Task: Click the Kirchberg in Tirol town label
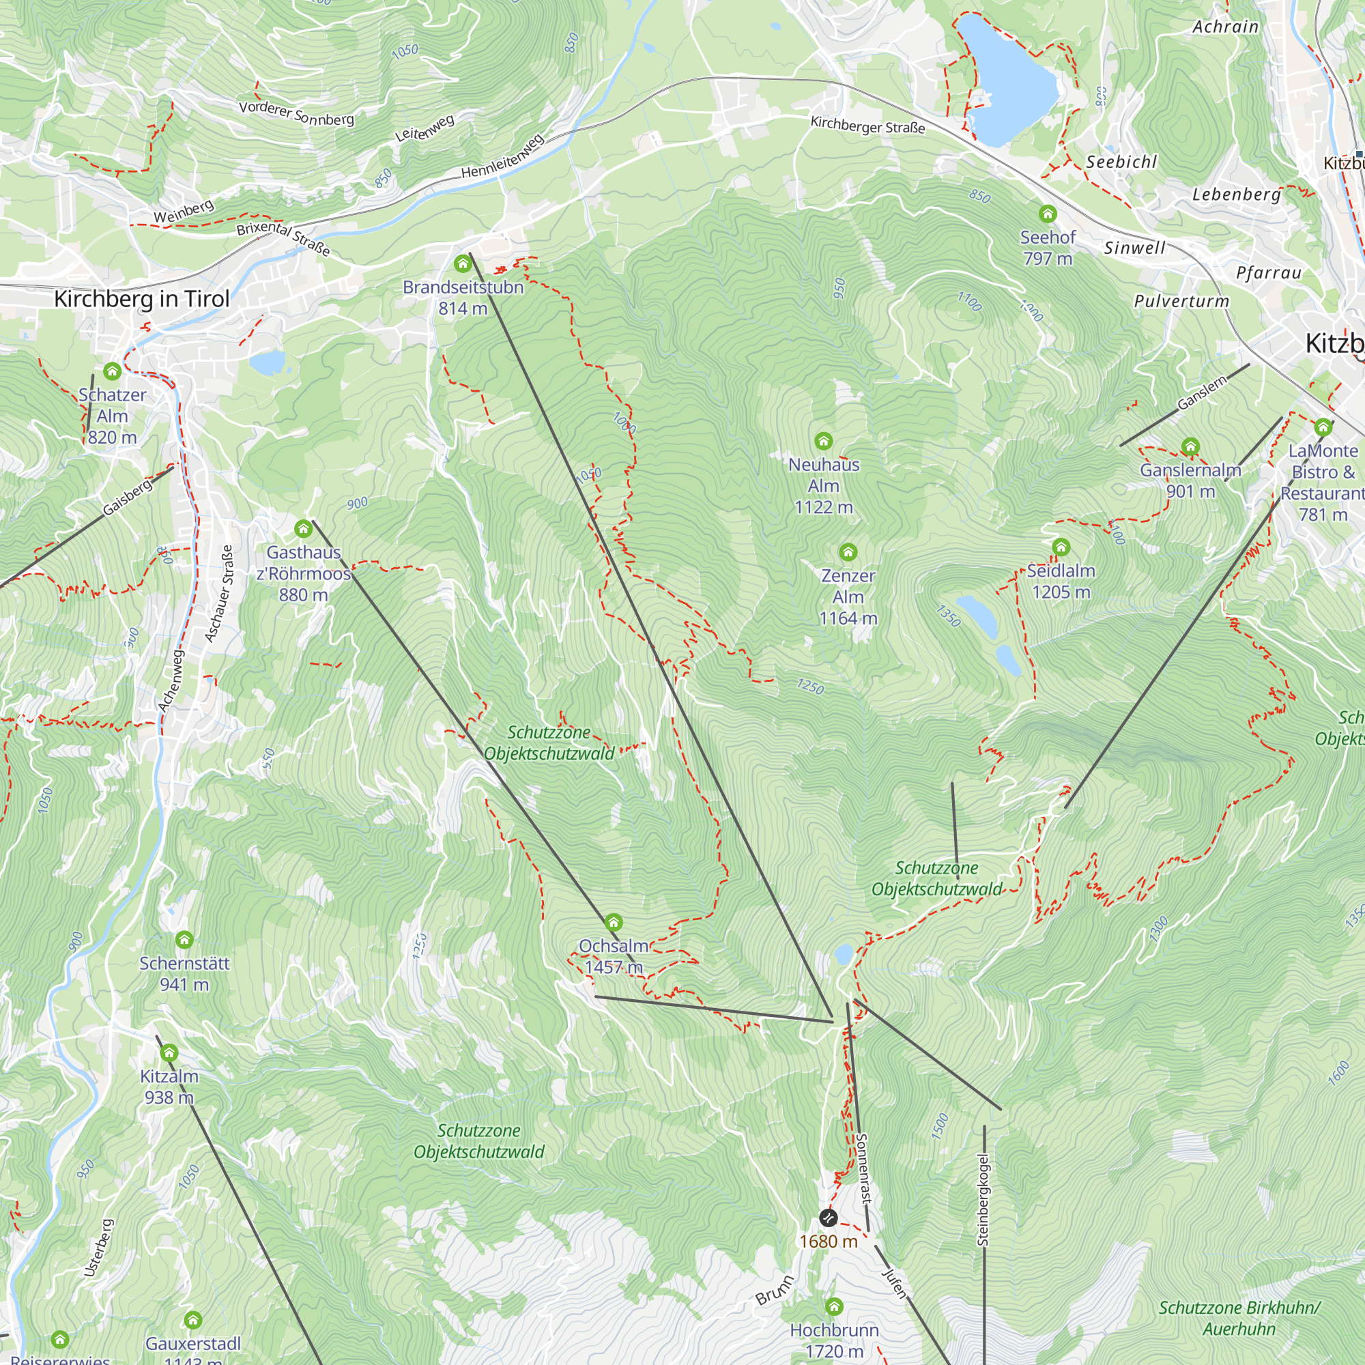(141, 299)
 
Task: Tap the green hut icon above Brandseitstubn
(463, 264)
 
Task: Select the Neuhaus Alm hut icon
(823, 442)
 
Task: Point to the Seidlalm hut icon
(1061, 547)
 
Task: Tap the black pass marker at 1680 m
(828, 1218)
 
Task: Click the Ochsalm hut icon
(614, 922)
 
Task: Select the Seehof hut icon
(1048, 214)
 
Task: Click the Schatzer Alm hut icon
(113, 371)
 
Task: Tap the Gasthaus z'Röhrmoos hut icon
(304, 528)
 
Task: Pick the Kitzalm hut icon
(169, 1053)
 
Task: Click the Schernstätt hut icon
(184, 940)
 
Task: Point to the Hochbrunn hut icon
(835, 1306)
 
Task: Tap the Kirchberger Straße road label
(867, 126)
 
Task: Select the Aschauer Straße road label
(218, 594)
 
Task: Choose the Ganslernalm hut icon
(1190, 446)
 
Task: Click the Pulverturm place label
(1181, 301)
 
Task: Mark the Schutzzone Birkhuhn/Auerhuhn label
(1239, 1319)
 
